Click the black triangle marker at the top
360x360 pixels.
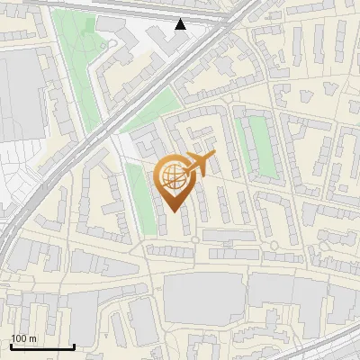(x=181, y=24)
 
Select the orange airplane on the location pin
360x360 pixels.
(x=201, y=165)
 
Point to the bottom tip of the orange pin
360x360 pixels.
(x=174, y=212)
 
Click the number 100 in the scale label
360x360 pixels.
(x=18, y=337)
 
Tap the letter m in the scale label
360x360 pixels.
(x=33, y=337)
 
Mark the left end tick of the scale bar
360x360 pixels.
(x=11, y=346)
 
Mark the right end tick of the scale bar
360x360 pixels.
(x=74, y=346)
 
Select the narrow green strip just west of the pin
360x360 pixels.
(x=138, y=193)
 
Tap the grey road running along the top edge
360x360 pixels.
(x=135, y=7)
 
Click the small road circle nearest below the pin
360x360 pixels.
(x=195, y=239)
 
